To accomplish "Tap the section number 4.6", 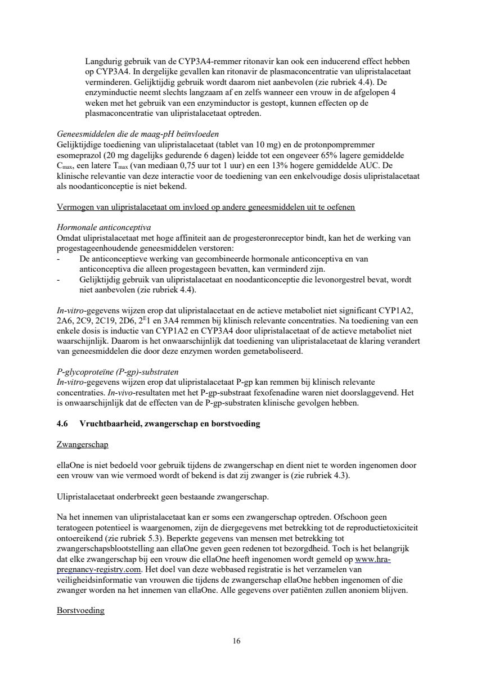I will [62, 424].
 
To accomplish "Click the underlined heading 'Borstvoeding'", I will [80, 610].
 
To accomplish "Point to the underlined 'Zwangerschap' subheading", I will [83, 444].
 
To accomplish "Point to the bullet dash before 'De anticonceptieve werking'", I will [59, 259].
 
